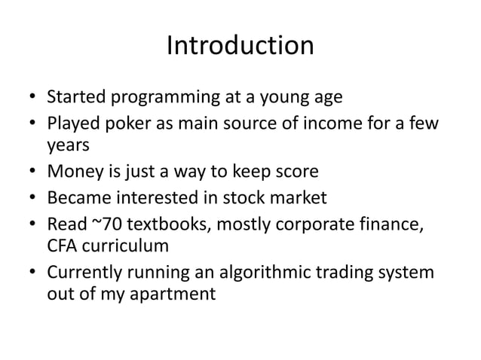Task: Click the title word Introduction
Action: pos(240,46)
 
